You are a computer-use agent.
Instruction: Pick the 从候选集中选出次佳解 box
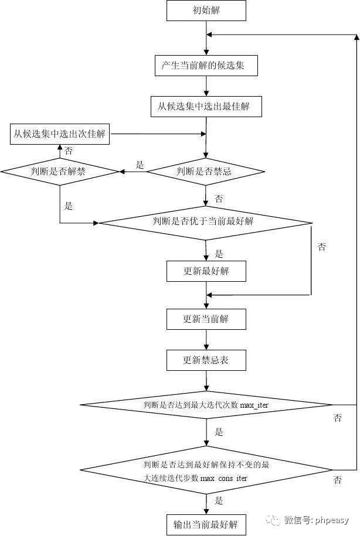point(60,134)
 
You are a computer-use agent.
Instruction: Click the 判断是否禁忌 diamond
point(205,172)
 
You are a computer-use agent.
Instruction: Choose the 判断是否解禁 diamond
point(60,172)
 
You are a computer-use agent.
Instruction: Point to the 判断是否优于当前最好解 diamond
point(205,222)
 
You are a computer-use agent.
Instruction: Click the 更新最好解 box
point(206,271)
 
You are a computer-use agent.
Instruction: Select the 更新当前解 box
point(206,319)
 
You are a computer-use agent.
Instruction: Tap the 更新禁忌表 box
point(206,360)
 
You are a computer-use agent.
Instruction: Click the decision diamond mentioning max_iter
point(206,405)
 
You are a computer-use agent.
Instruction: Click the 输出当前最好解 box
point(206,523)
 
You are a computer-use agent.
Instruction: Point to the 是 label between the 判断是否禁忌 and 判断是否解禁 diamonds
point(140,165)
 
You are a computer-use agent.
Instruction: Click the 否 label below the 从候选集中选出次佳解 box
point(69,151)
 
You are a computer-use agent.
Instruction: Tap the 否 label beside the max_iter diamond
point(338,418)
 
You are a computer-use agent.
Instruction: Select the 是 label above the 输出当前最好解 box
point(219,501)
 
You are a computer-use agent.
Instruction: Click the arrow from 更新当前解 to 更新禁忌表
point(206,340)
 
